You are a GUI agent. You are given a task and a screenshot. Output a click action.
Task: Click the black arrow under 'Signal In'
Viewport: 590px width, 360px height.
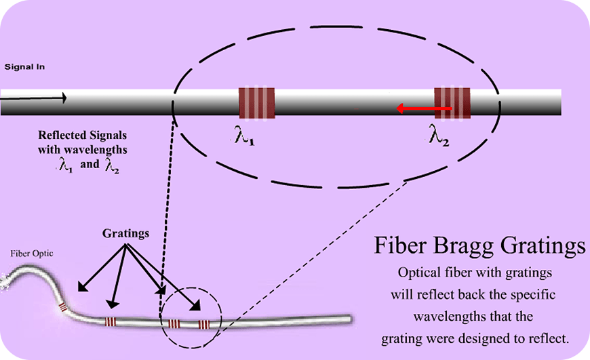click(34, 98)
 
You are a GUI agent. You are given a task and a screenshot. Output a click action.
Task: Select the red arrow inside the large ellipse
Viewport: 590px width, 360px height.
click(424, 108)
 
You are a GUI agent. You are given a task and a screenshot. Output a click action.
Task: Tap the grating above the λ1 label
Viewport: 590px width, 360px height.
click(257, 103)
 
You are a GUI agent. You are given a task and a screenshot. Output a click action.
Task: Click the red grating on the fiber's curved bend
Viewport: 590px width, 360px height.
click(63, 306)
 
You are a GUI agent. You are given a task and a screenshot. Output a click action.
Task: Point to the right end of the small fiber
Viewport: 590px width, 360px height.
click(351, 317)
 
